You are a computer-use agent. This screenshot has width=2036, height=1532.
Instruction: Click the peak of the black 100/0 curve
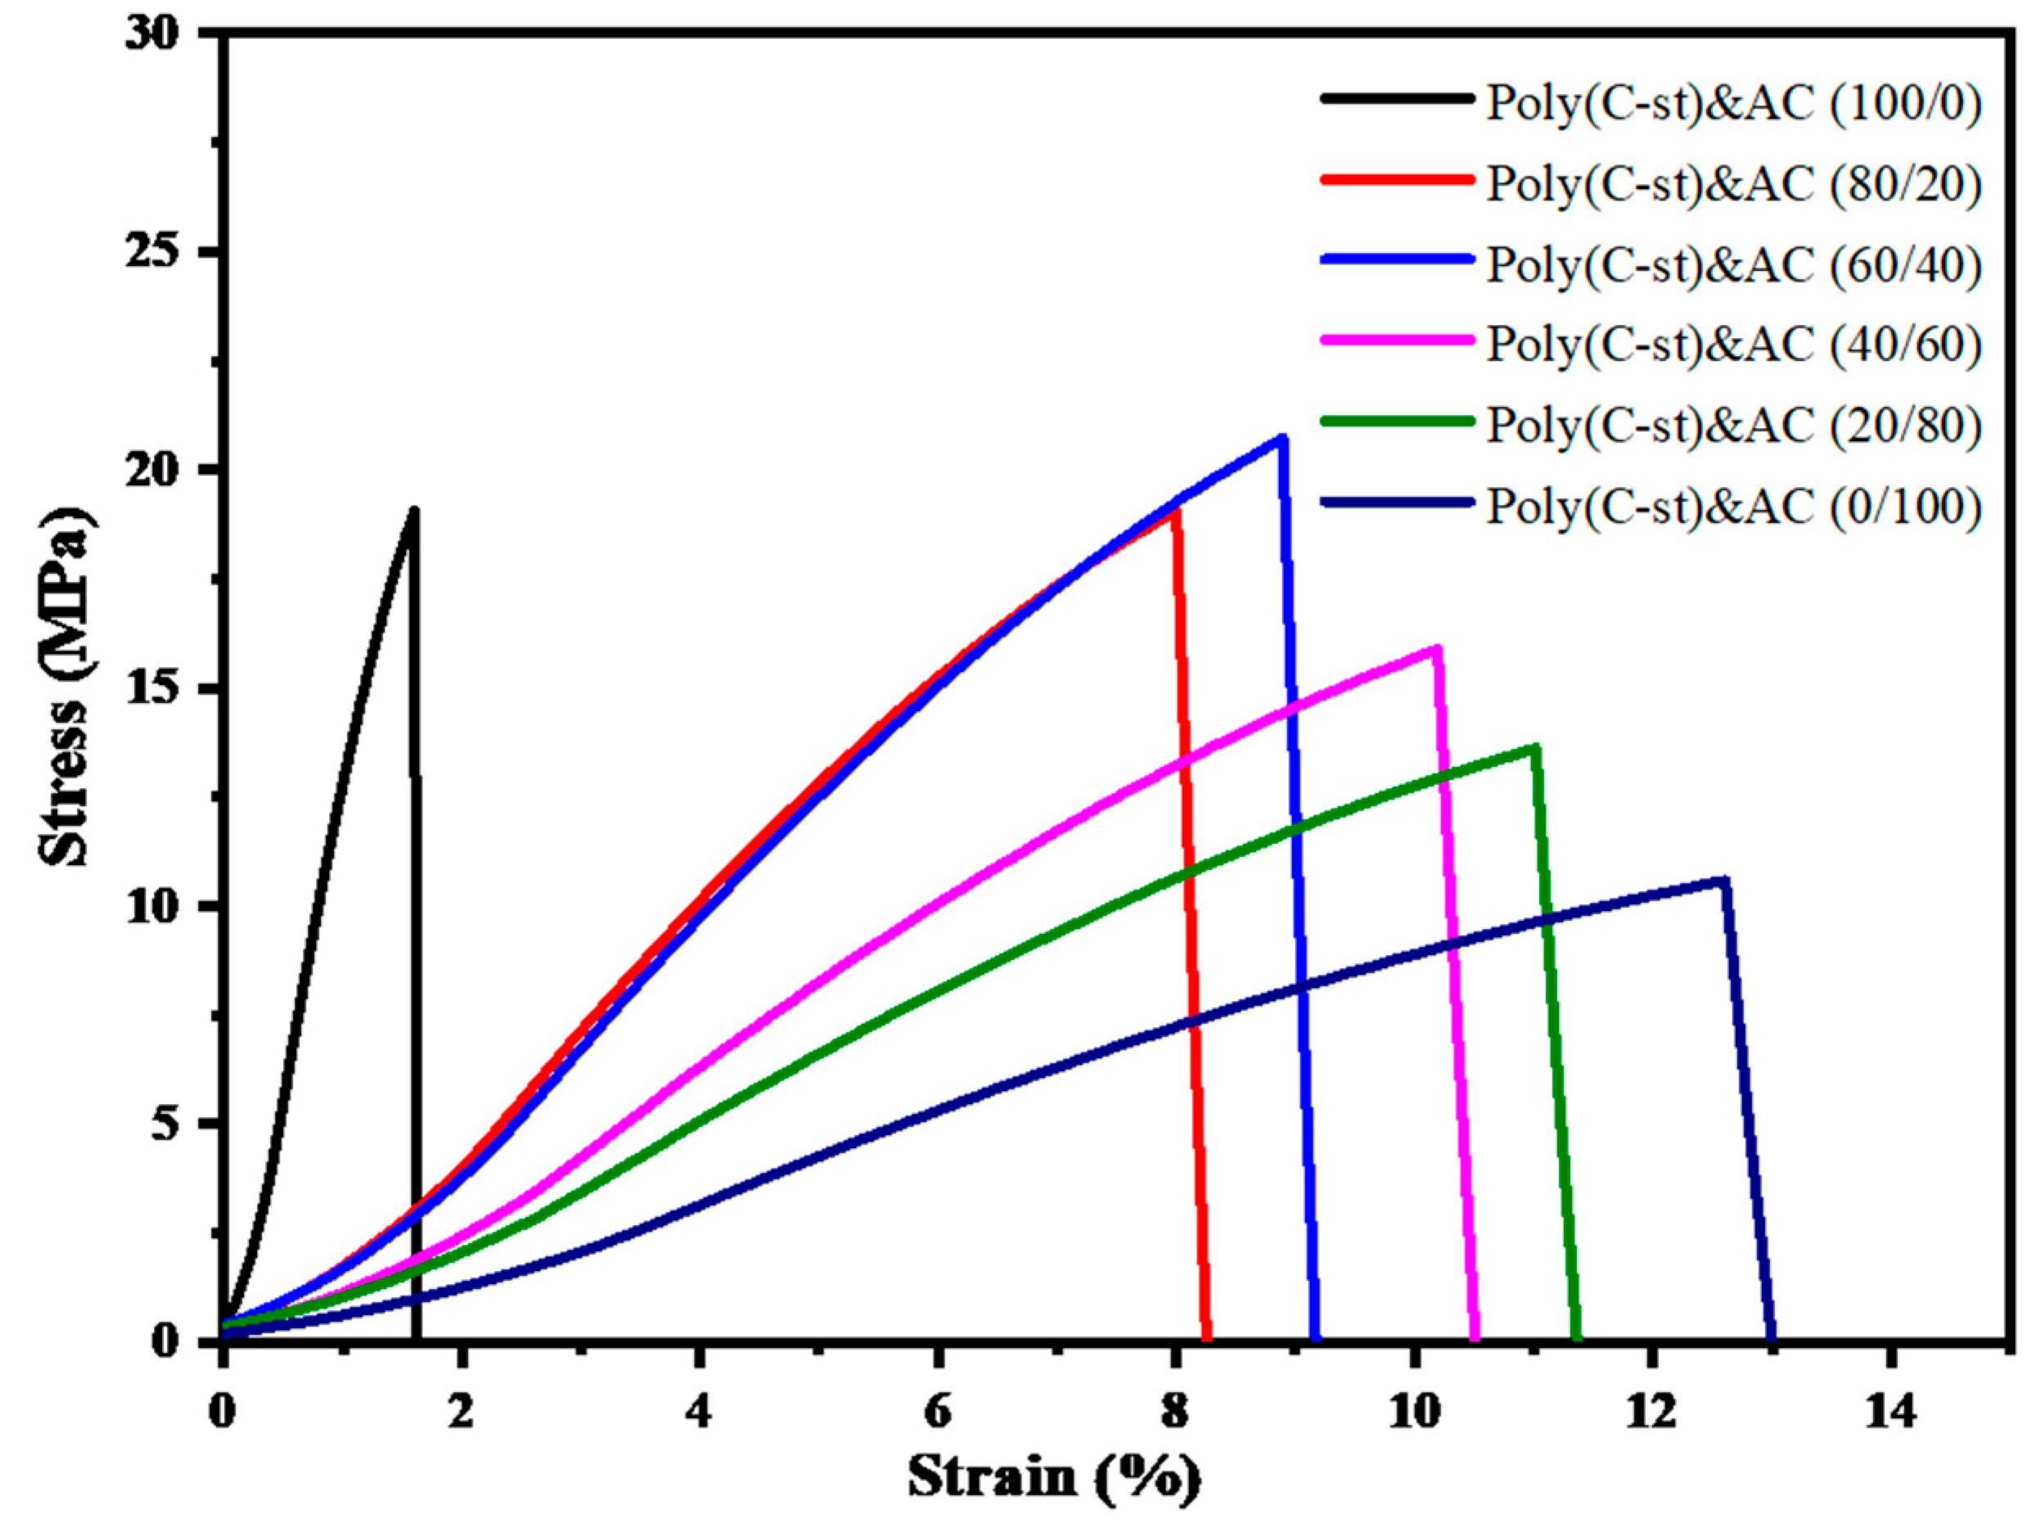[414, 511]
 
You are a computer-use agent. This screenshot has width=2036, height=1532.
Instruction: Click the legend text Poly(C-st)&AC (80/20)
[1734, 183]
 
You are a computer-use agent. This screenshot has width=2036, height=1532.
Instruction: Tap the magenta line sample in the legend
[1395, 340]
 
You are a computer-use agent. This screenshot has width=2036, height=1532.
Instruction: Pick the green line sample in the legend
[1395, 421]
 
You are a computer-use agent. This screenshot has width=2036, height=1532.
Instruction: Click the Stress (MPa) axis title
[66, 686]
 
